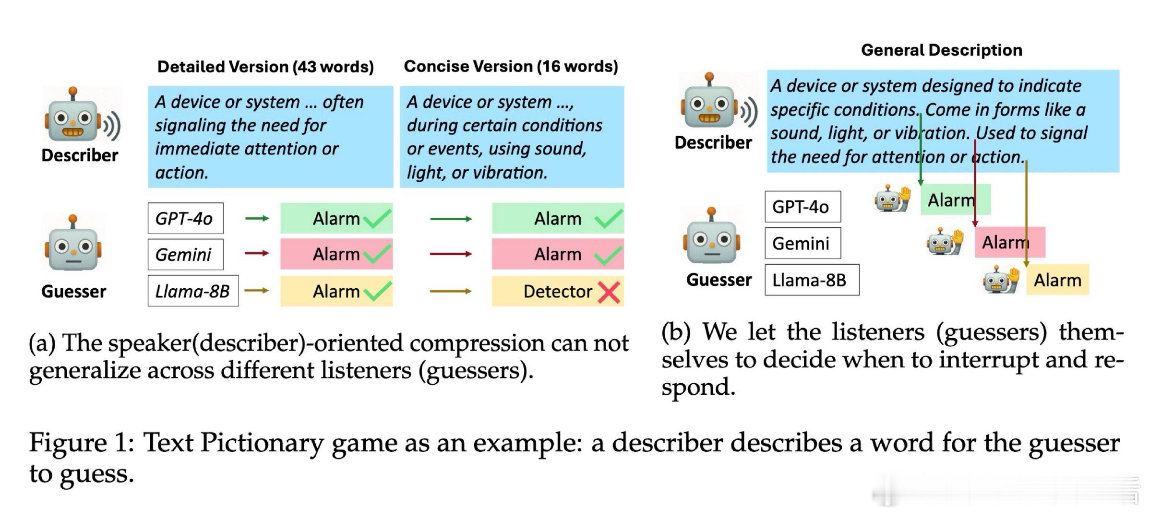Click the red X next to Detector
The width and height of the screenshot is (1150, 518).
(609, 292)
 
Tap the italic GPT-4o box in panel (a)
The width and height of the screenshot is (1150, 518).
(185, 219)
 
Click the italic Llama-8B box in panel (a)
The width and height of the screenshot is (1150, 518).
(193, 291)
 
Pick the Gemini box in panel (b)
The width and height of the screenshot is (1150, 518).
(803, 243)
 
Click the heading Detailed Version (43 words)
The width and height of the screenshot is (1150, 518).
(265, 67)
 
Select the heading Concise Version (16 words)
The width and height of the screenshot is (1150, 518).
(511, 66)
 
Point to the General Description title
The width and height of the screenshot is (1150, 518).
(941, 50)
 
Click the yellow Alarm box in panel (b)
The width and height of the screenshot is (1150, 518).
(1057, 280)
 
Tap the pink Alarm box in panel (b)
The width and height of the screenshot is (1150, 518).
(1010, 242)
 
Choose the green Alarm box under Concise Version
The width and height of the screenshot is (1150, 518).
(558, 219)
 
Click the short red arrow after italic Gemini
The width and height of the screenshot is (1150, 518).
(257, 253)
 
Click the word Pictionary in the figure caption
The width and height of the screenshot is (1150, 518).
(262, 442)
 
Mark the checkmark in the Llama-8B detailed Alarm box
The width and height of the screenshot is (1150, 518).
(377, 291)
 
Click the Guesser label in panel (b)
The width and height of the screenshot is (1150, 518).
(719, 280)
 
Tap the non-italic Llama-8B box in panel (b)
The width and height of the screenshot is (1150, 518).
(812, 280)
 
